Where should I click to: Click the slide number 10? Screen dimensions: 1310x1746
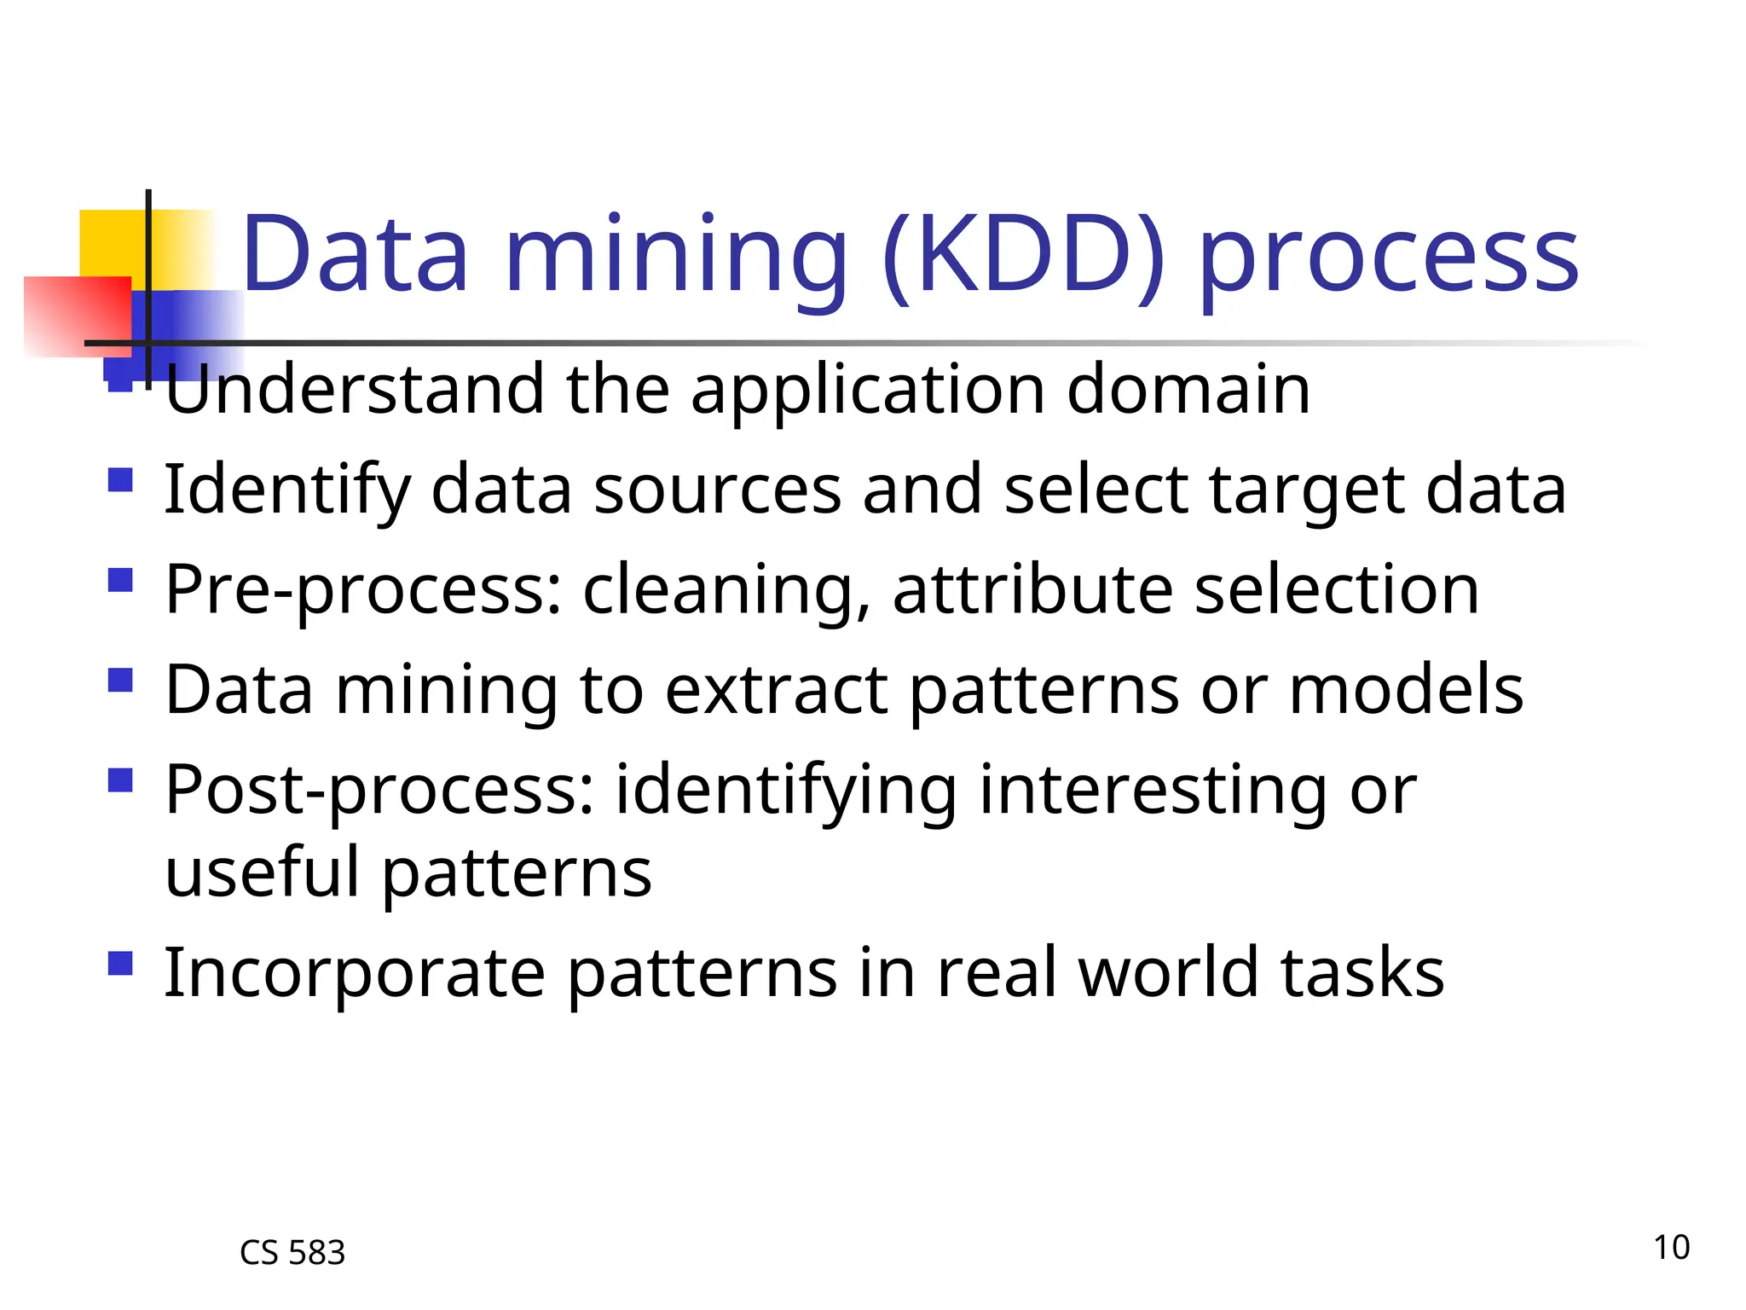coord(1671,1247)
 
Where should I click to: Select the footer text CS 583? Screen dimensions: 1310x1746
coord(292,1253)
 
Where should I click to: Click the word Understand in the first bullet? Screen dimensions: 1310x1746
coord(354,390)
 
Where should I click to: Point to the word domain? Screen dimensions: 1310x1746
coord(1188,390)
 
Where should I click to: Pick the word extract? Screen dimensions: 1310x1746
coord(776,690)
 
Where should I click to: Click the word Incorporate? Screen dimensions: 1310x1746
coord(354,974)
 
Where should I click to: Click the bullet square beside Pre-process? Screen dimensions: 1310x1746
coord(121,581)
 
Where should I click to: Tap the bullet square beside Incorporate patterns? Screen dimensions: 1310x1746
coord(121,964)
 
